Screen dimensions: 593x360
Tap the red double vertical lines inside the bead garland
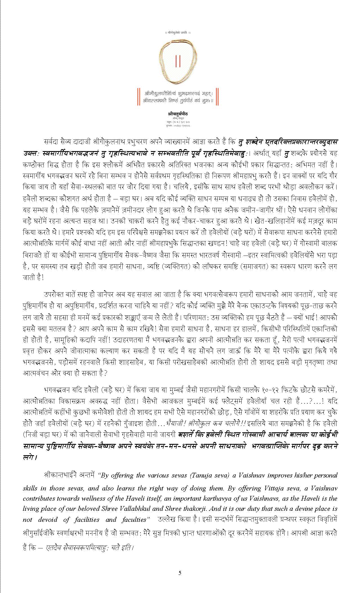click(x=178, y=61)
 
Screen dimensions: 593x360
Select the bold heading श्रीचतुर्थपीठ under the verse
click(x=178, y=114)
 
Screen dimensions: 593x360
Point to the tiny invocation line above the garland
click(x=178, y=33)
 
